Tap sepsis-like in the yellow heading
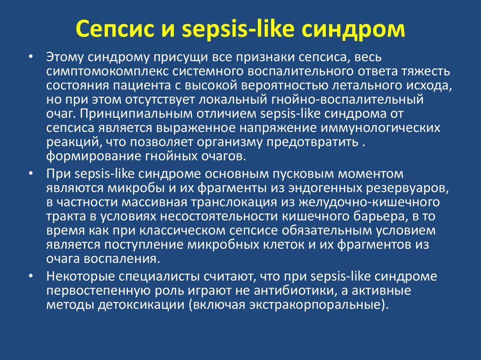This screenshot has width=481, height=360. coord(238,30)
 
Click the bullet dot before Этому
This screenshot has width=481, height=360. coord(31,57)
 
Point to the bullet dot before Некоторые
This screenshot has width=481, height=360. coord(31,276)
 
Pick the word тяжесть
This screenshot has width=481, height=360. coord(426,71)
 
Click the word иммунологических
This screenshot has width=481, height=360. coord(380,128)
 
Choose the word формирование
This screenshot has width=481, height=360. coord(93,157)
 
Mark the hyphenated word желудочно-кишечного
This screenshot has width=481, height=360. coord(369,202)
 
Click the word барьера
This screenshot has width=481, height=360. coord(380,216)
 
